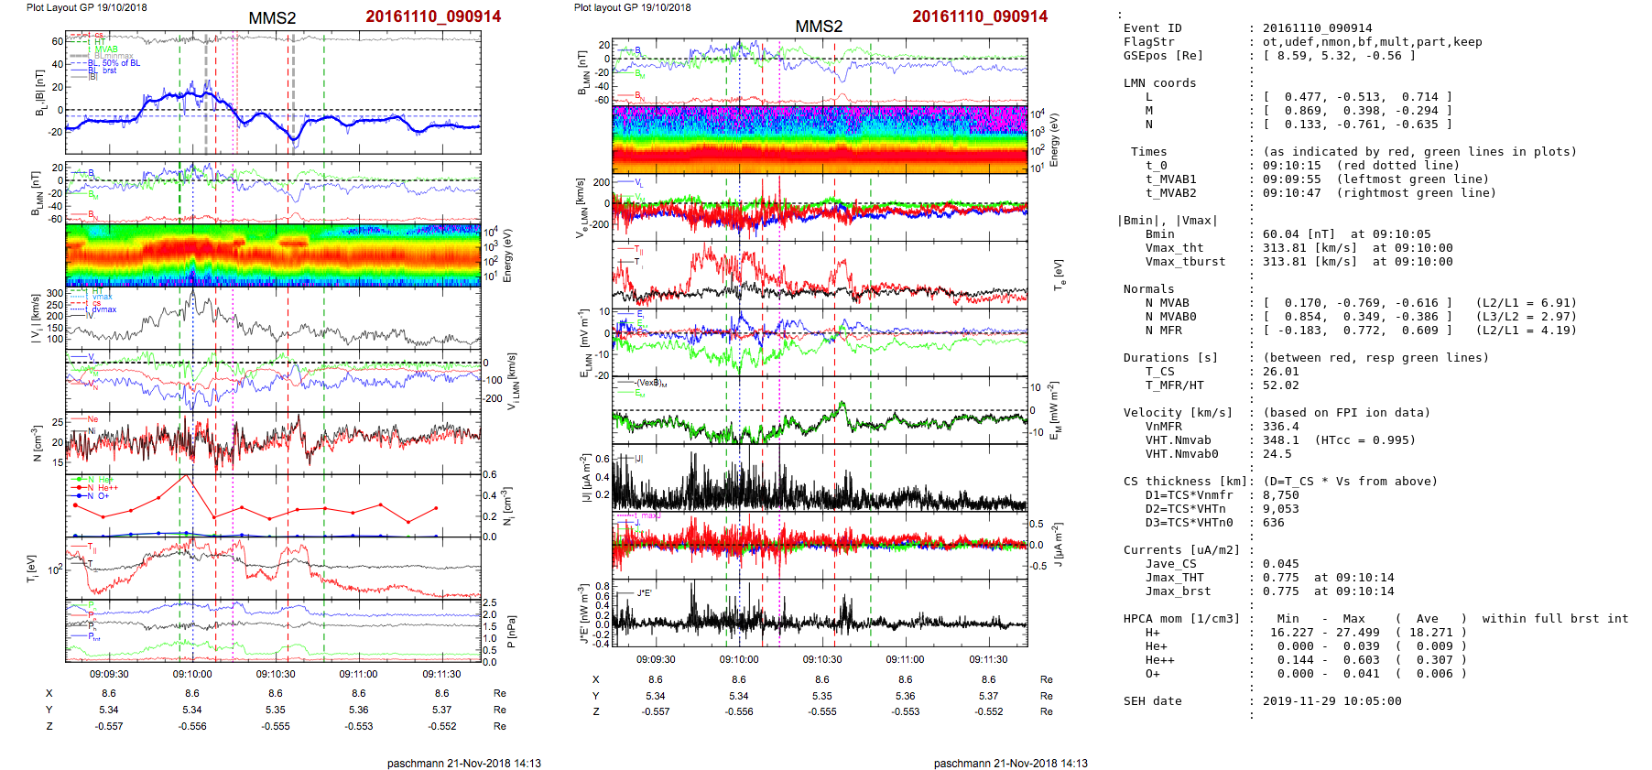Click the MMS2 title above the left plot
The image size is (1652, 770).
click(x=272, y=18)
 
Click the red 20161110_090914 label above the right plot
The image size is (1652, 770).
click(x=980, y=16)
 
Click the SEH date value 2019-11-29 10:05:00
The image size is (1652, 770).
click(x=1331, y=701)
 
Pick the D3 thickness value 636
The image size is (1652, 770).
click(x=1273, y=523)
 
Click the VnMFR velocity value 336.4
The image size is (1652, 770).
click(x=1280, y=427)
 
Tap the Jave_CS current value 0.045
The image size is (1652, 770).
click(x=1280, y=564)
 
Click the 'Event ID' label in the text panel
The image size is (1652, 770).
click(x=1152, y=28)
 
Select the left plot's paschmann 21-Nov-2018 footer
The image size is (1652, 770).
click(x=463, y=763)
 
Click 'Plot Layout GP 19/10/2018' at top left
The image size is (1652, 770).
click(x=86, y=7)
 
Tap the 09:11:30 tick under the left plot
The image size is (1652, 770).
click(x=441, y=675)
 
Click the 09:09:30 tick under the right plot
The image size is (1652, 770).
click(x=656, y=659)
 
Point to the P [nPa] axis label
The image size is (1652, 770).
click(x=510, y=632)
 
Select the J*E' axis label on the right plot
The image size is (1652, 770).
click(x=582, y=613)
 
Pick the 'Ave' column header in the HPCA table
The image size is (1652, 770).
click(x=1427, y=619)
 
